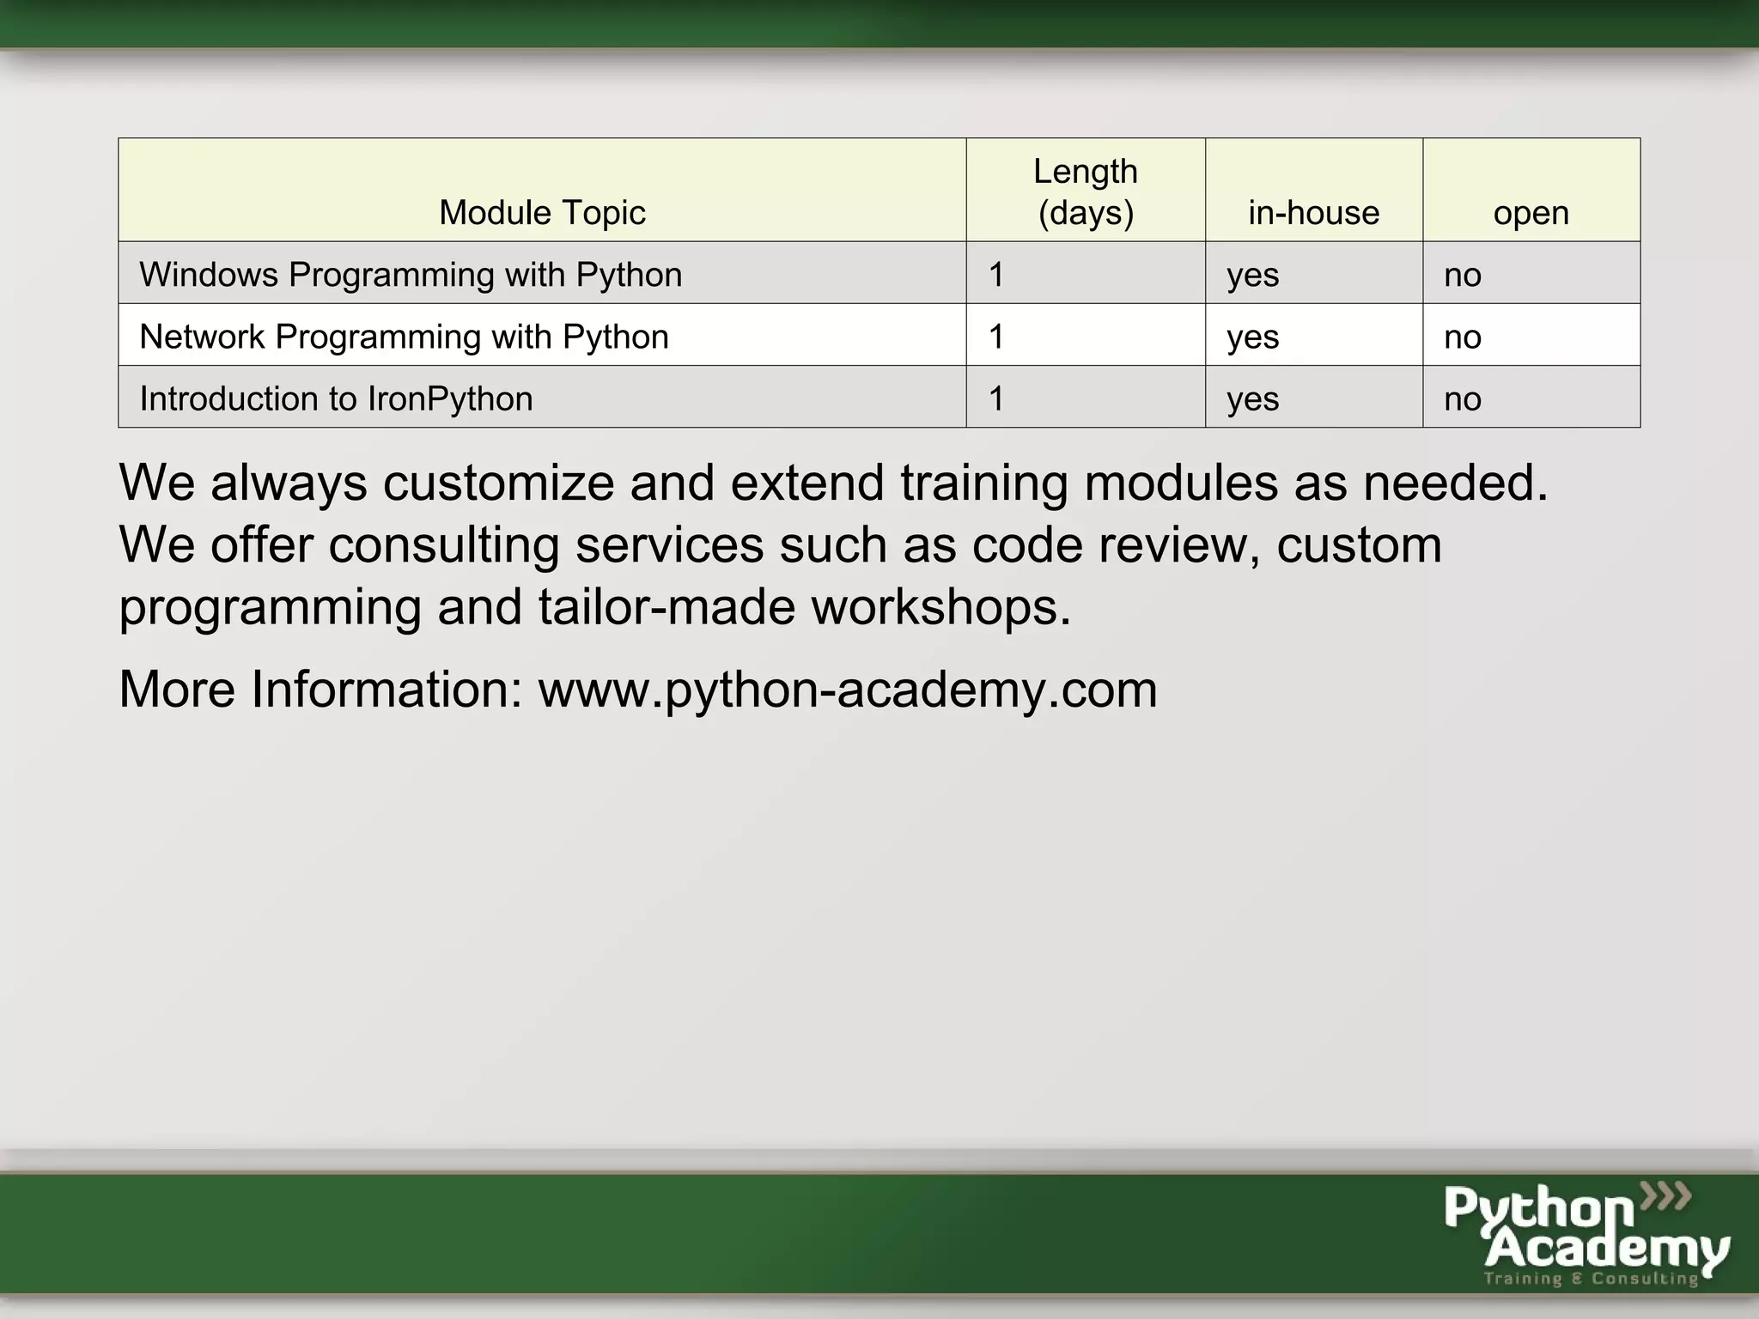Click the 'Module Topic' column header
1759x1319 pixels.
[x=542, y=212]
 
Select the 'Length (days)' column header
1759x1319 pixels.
[x=1086, y=191]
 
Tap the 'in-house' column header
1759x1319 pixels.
[x=1313, y=212]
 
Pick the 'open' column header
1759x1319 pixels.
[x=1531, y=212]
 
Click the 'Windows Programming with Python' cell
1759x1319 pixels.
[x=411, y=275]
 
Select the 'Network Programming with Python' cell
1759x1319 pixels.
[x=404, y=337]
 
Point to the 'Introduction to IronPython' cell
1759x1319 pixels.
[x=336, y=398]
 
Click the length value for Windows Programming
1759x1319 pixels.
[x=996, y=275]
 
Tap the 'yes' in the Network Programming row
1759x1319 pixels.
[x=1252, y=337]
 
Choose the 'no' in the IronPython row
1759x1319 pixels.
[x=1463, y=398]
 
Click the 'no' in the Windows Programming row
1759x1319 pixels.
[x=1463, y=275]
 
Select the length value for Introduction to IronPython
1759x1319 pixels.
[x=996, y=398]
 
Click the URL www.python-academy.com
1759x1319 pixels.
[x=848, y=690]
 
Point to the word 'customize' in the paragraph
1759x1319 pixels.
[x=498, y=483]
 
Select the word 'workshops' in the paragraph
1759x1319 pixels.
[x=941, y=606]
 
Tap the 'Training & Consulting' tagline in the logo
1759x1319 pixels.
[x=1592, y=1279]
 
